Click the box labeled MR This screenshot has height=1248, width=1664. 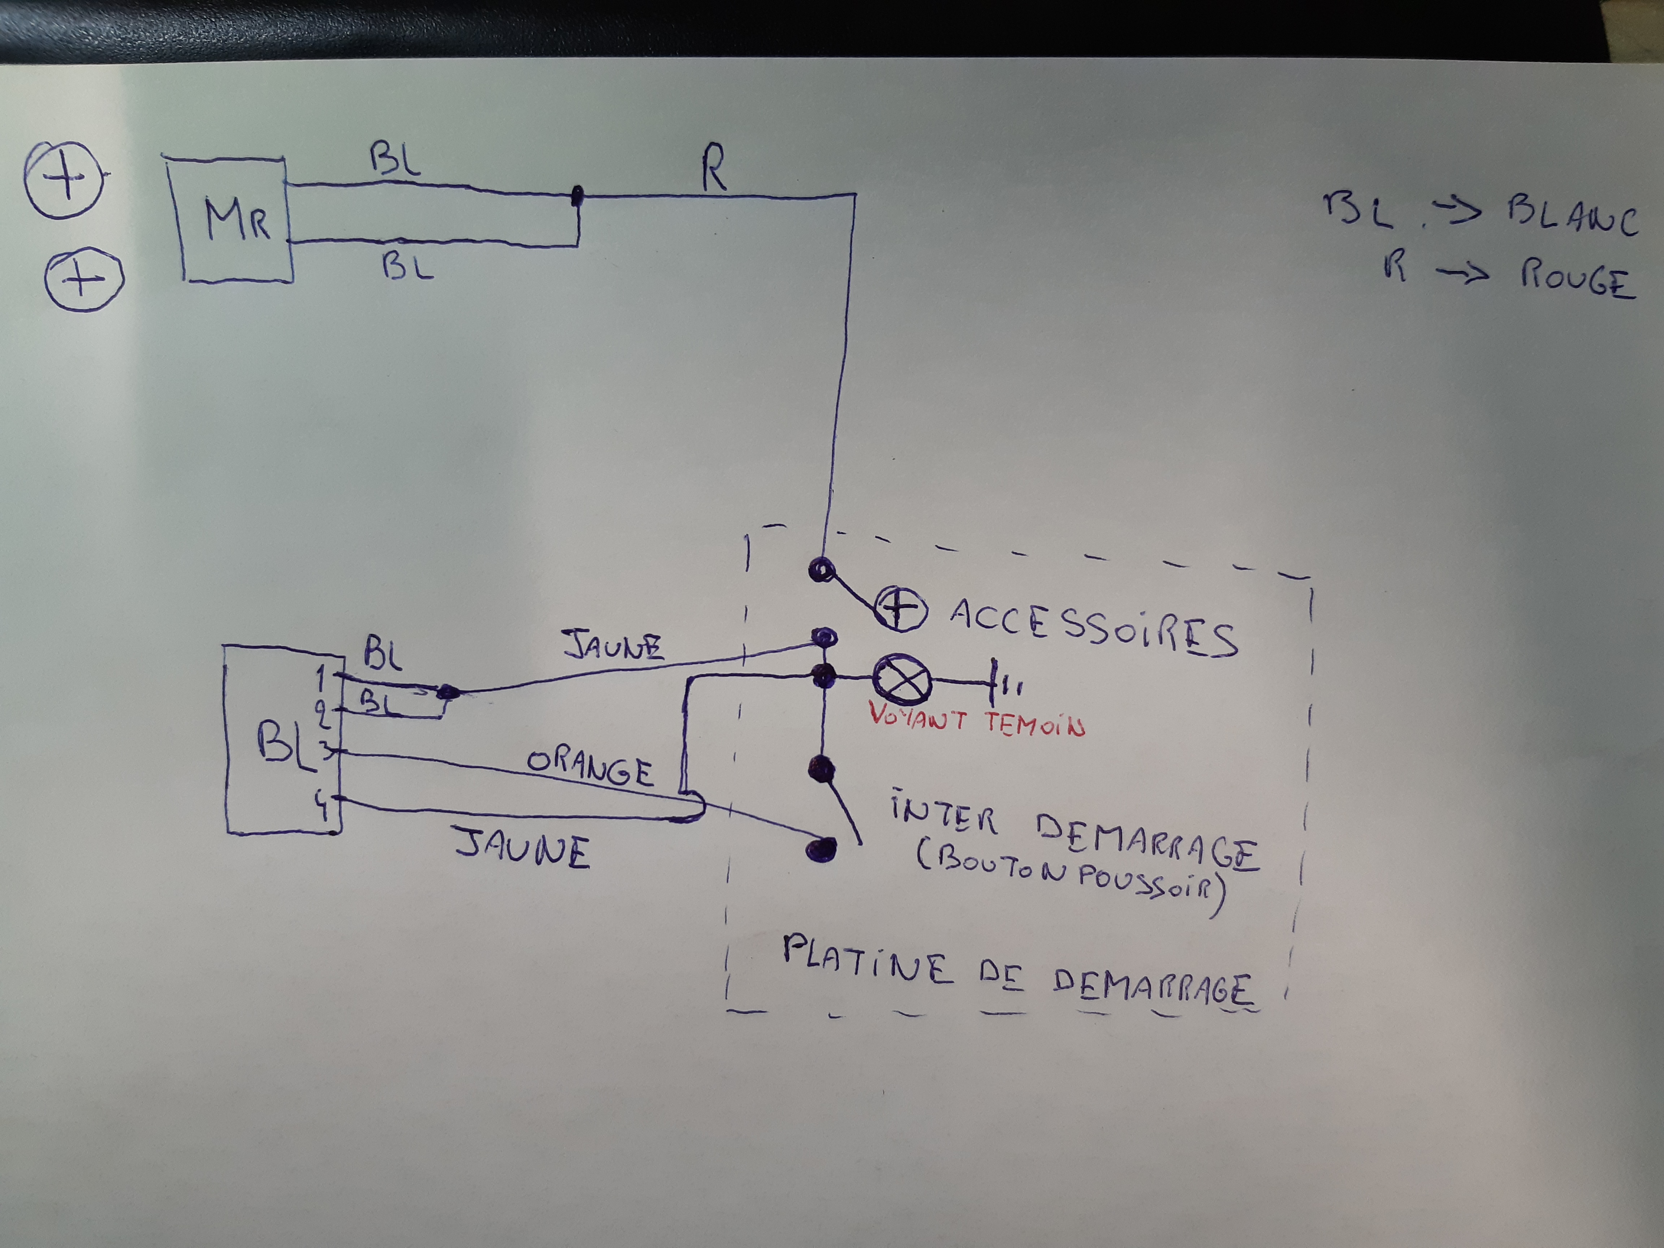tap(233, 220)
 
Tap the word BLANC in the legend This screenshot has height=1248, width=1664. tap(1572, 216)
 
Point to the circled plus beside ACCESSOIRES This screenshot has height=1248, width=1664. tap(901, 608)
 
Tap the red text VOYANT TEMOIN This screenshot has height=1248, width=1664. tap(976, 720)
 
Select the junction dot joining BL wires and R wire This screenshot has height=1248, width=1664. tap(577, 196)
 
